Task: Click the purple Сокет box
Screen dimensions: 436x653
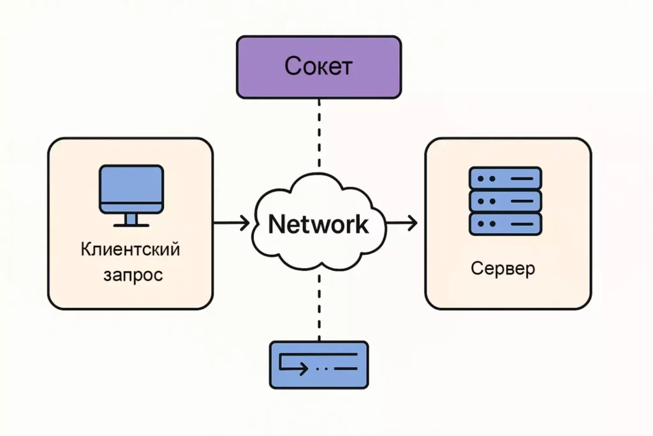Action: pyautogui.click(x=319, y=67)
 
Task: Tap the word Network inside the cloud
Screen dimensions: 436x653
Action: pyautogui.click(x=318, y=223)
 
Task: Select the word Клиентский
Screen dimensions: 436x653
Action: pyautogui.click(x=131, y=248)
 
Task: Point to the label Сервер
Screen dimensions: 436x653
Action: pyautogui.click(x=503, y=268)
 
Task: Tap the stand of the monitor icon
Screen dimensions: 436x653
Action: pyautogui.click(x=131, y=220)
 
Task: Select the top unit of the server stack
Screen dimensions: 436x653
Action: pyautogui.click(x=505, y=178)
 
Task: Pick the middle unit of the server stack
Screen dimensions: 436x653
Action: pyautogui.click(x=505, y=201)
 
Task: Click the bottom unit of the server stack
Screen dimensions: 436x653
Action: pyautogui.click(x=505, y=224)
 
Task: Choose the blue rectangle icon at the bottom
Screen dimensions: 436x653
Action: pyautogui.click(x=319, y=365)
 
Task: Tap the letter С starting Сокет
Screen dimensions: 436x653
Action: pyautogui.click(x=293, y=66)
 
